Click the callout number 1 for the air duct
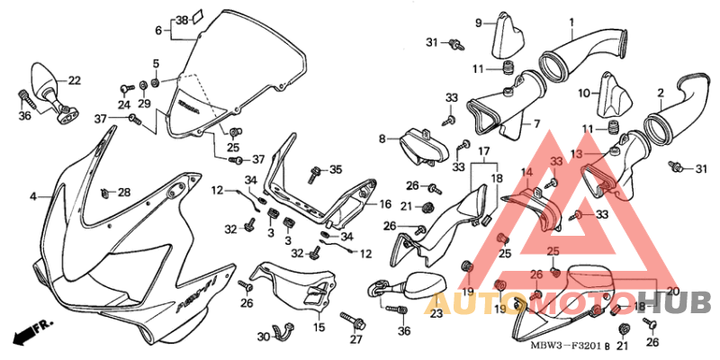tap(571, 22)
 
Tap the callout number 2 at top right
tap(661, 93)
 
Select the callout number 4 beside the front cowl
tap(32, 195)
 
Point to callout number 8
tap(382, 139)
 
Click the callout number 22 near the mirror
tap(74, 80)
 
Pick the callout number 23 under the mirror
tap(436, 313)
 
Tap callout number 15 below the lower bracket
tap(318, 328)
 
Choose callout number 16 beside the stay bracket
tap(383, 204)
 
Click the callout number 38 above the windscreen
tap(182, 19)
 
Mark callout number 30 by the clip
tap(263, 337)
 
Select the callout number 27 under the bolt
tap(355, 339)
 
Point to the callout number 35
tap(336, 169)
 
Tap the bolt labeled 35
tap(314, 171)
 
